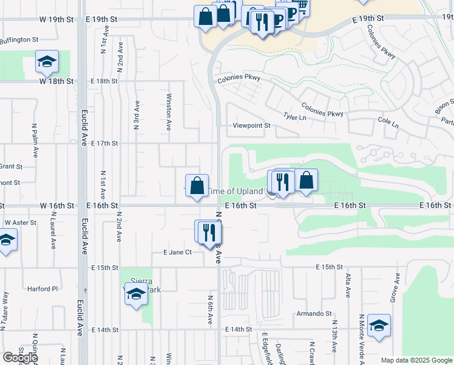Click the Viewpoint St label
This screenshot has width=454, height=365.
(x=251, y=126)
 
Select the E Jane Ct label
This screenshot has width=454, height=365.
(x=177, y=252)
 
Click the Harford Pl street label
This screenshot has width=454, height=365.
(x=42, y=289)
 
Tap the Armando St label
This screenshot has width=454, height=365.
(x=314, y=314)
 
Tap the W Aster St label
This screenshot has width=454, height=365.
(x=21, y=223)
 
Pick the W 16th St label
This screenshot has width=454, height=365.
(x=58, y=206)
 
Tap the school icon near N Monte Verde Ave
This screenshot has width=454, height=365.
(x=379, y=325)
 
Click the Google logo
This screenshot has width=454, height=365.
(x=20, y=358)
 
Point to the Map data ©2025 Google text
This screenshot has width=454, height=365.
(x=416, y=360)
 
